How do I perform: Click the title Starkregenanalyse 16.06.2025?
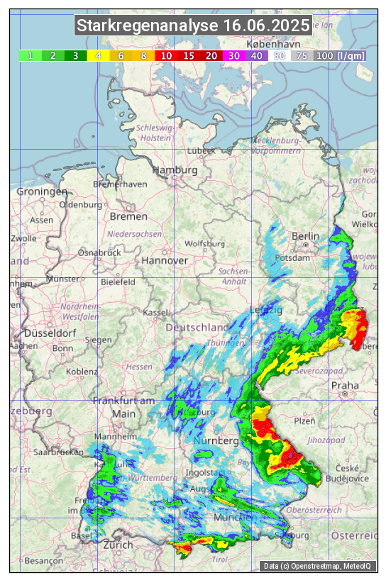pos(193,26)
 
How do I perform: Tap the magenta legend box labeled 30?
pos(233,55)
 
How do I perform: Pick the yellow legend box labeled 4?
pos(98,55)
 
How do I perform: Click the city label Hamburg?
pos(175,170)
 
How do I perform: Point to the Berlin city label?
pos(306,236)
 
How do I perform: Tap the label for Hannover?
pos(165,260)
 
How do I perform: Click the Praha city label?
pos(345,386)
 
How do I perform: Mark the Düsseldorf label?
pos(50,333)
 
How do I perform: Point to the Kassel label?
pos(155,312)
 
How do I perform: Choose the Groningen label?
pos(42,191)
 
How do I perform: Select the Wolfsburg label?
pos(204,243)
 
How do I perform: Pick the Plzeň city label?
pos(304,420)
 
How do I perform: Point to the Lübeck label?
pos(201,150)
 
